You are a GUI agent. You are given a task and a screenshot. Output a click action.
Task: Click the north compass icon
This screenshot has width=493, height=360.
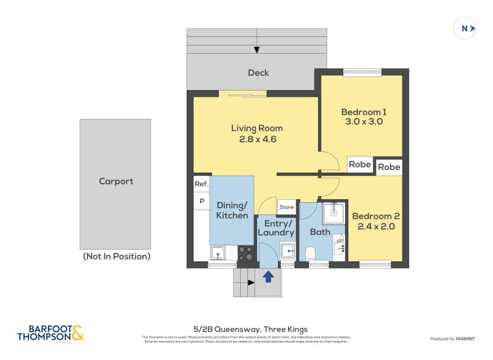point(465,28)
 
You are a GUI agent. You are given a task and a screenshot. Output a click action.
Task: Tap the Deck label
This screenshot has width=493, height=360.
point(258,73)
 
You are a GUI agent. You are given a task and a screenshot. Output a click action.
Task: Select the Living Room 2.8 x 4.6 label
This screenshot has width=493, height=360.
point(257,134)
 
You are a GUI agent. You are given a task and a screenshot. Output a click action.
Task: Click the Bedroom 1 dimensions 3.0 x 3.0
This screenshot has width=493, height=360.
point(364,122)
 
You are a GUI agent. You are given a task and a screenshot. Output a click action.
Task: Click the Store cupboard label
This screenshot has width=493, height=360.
point(287,207)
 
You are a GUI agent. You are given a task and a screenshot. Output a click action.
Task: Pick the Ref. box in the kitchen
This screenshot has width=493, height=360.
point(201,184)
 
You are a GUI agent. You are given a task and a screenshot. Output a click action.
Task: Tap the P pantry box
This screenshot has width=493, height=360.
point(201,201)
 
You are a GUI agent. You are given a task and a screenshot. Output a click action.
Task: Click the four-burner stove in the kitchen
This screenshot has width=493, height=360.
point(245,253)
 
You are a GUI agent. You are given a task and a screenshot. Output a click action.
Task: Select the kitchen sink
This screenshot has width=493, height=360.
point(218,253)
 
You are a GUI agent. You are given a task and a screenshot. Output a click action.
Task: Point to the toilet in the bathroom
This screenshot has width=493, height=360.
point(310,253)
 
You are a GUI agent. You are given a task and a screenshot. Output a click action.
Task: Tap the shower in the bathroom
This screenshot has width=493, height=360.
point(333,211)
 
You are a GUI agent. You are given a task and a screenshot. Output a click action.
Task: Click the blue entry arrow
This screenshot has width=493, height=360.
point(268,277)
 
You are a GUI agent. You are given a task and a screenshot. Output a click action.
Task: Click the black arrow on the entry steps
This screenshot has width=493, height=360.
point(250,283)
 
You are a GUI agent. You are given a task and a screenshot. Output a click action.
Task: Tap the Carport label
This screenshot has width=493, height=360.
point(116,181)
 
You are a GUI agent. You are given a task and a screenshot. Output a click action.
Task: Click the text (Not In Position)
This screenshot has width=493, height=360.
point(116,256)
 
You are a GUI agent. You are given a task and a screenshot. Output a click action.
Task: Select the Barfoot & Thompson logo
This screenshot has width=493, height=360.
point(50,333)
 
